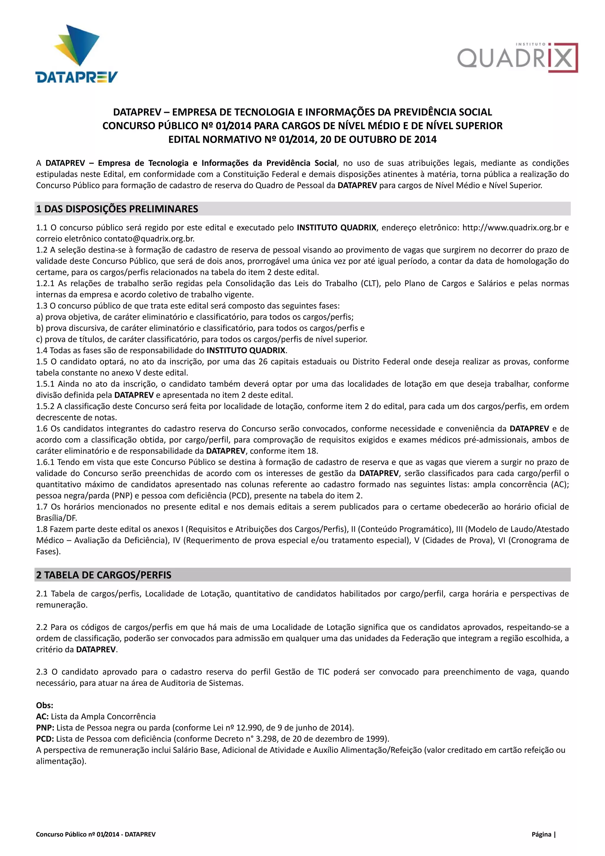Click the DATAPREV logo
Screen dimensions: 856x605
point(77,54)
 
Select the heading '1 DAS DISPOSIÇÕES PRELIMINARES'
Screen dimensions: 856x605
point(117,209)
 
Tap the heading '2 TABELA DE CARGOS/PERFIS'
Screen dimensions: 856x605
point(104,575)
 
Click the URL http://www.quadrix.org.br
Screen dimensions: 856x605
point(511,228)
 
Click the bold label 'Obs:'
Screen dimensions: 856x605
point(44,705)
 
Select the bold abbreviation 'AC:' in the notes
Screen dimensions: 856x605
point(42,717)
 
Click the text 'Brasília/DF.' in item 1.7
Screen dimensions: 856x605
point(56,518)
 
